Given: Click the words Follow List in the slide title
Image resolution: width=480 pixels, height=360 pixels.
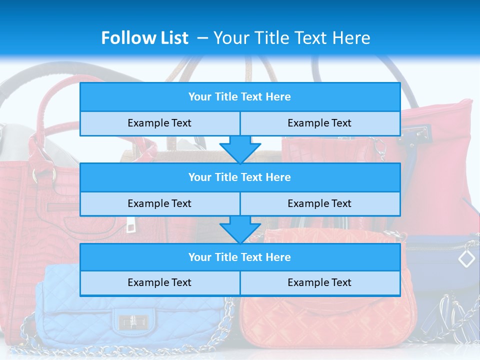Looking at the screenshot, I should (x=144, y=38).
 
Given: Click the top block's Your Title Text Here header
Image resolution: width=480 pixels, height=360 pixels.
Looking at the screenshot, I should (x=239, y=97).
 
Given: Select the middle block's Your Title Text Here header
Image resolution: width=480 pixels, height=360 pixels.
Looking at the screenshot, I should (x=239, y=177).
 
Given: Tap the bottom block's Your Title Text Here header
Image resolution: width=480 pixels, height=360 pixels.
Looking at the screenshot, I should (x=239, y=257).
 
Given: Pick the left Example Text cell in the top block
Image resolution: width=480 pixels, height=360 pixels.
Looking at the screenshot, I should (x=159, y=123).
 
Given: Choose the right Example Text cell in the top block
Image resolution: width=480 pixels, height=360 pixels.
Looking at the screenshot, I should (x=319, y=123).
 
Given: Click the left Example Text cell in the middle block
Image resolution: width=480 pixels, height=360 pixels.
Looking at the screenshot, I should (x=159, y=203).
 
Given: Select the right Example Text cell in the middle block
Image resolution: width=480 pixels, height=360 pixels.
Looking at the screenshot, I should (x=319, y=203).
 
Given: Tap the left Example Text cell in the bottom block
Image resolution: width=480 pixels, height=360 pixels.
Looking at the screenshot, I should (x=159, y=283).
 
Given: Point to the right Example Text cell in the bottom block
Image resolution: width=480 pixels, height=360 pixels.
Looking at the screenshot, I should (x=319, y=283).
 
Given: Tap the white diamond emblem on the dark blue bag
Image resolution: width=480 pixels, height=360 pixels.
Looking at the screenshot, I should (x=466, y=258).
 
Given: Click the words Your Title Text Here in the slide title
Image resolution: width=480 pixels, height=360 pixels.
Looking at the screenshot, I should (x=292, y=38).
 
